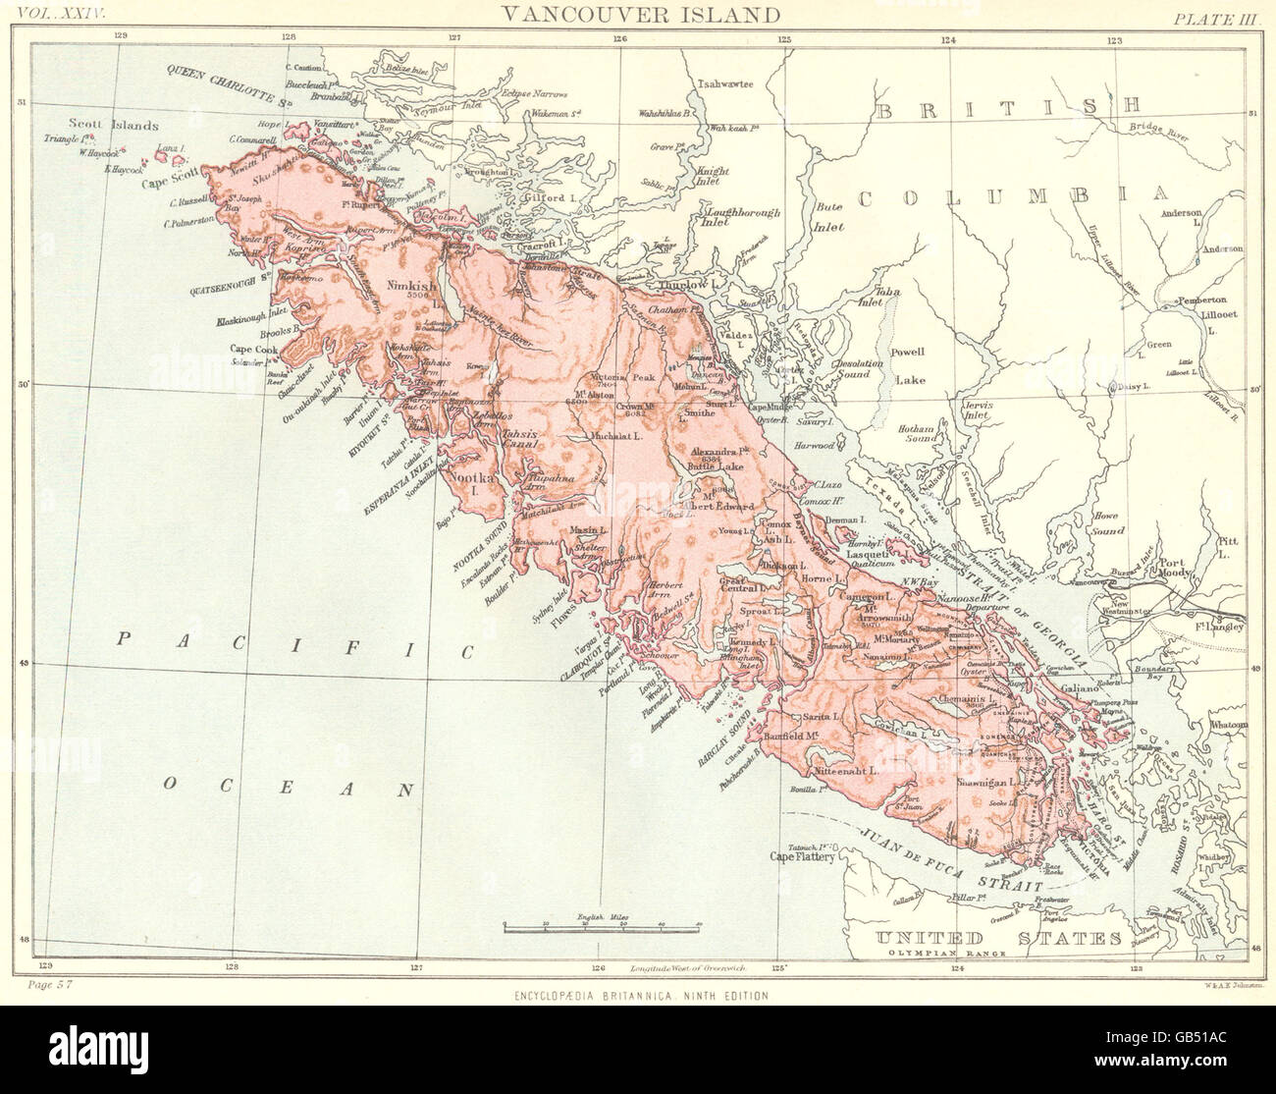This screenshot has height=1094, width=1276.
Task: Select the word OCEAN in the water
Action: point(286,787)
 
